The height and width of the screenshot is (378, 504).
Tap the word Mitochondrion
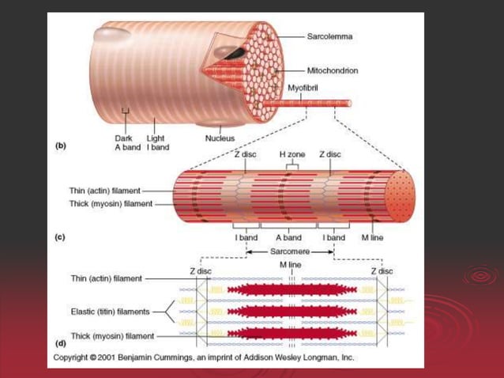click(x=333, y=70)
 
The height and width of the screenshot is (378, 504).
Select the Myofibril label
click(x=303, y=88)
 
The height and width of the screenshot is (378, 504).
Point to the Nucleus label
click(x=220, y=138)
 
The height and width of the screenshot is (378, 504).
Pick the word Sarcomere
click(x=289, y=251)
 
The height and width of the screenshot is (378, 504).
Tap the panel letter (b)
click(x=60, y=146)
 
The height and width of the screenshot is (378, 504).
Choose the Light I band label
click(x=156, y=142)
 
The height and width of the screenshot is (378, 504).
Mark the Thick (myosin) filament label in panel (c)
click(x=111, y=204)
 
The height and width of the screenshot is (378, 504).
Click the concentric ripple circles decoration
click(x=478, y=277)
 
